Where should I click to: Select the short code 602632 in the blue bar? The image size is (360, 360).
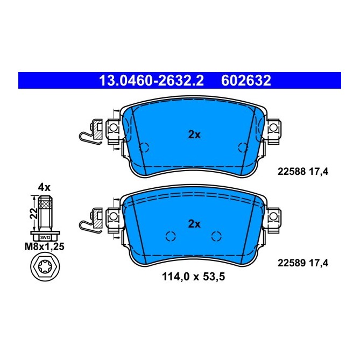246,81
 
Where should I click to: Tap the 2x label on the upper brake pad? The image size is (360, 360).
194,135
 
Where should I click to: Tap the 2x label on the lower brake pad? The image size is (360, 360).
194,223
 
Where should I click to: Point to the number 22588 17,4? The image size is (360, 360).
302,172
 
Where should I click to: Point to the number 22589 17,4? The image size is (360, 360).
302,263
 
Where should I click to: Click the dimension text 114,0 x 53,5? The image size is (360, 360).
194,278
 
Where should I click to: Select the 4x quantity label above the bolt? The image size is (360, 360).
44,188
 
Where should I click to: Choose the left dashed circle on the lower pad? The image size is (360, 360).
171,236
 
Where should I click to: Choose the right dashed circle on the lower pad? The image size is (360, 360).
217,236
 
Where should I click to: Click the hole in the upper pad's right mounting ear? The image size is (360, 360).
273,128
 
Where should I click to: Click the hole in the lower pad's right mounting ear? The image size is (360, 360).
273,216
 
